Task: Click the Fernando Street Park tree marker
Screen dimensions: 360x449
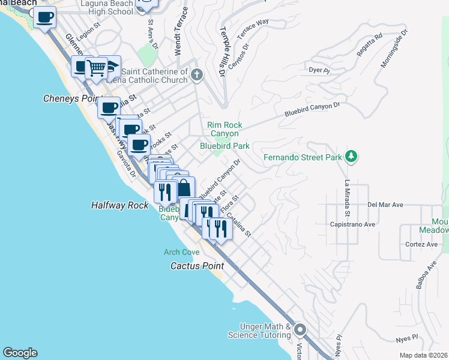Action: point(352,158)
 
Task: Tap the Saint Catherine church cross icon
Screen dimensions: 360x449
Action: point(197,74)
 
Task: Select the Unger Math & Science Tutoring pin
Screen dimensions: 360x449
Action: point(300,329)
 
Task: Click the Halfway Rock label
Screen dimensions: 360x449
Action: point(119,205)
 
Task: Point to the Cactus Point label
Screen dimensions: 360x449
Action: point(197,265)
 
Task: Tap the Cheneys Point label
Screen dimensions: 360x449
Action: point(71,98)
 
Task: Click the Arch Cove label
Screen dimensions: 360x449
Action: point(182,253)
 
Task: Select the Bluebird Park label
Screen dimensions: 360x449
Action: point(224,145)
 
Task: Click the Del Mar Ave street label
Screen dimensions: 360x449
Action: point(384,205)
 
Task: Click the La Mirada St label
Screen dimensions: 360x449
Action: point(347,199)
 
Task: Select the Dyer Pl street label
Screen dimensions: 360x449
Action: point(319,70)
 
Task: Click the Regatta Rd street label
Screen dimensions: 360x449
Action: point(369,45)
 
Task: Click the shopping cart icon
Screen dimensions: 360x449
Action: point(96,67)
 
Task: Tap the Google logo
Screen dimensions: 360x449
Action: point(20,353)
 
